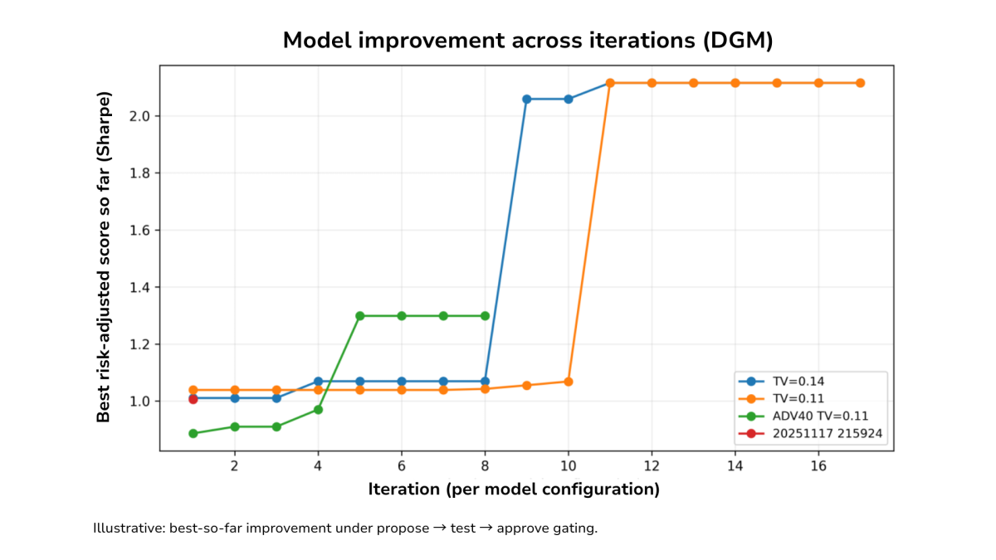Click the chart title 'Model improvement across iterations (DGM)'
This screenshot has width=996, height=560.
tap(528, 41)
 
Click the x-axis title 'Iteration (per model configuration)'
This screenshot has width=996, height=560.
tap(514, 489)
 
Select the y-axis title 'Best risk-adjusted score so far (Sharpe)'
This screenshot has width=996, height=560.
tap(104, 257)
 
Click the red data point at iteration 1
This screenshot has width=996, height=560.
tap(193, 399)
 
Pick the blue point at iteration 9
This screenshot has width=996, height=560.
tap(527, 99)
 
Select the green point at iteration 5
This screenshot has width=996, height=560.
tap(360, 316)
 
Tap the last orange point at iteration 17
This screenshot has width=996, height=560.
tap(860, 83)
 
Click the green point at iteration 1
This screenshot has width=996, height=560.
tap(193, 433)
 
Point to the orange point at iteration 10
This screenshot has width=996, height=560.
tap(569, 382)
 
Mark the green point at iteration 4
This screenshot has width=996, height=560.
tap(318, 410)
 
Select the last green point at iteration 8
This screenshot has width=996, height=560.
tap(485, 316)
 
